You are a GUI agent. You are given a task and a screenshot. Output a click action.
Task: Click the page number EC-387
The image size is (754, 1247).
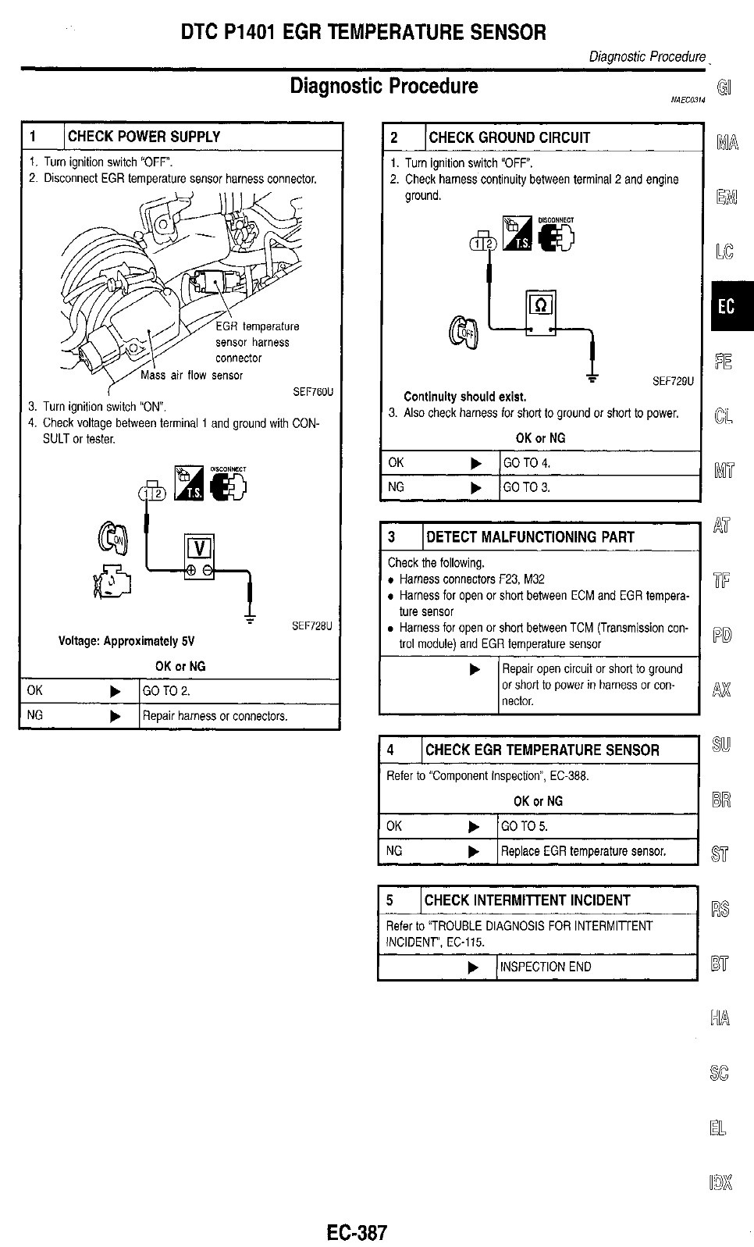pyautogui.click(x=357, y=1232)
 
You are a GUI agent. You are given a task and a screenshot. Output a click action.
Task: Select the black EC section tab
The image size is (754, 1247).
pyautogui.click(x=727, y=306)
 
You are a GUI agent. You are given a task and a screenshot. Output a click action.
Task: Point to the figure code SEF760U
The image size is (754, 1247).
pyautogui.click(x=313, y=392)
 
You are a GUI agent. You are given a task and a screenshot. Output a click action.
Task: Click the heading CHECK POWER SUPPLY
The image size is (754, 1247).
pyautogui.click(x=144, y=137)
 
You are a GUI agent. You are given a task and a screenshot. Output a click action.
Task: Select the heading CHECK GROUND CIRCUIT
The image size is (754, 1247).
pyautogui.click(x=509, y=137)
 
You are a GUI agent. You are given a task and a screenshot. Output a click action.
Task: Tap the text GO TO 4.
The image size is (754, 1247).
pyautogui.click(x=527, y=463)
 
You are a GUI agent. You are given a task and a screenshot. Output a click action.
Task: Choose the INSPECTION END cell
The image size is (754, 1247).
pyautogui.click(x=546, y=967)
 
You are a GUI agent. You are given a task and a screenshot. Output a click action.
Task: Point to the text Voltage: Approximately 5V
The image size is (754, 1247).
pyautogui.click(x=126, y=641)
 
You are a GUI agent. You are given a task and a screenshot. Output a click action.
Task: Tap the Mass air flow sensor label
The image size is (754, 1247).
pyautogui.click(x=191, y=376)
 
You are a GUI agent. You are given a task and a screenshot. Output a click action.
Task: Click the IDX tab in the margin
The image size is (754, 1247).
pyautogui.click(x=721, y=1183)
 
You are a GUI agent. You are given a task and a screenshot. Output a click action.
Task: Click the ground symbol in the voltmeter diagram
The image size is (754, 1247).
pyautogui.click(x=250, y=616)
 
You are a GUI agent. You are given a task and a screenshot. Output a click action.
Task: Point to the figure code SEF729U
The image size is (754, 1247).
pyautogui.click(x=673, y=381)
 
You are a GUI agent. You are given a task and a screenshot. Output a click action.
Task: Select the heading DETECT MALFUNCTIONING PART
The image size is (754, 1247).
pyautogui.click(x=531, y=537)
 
